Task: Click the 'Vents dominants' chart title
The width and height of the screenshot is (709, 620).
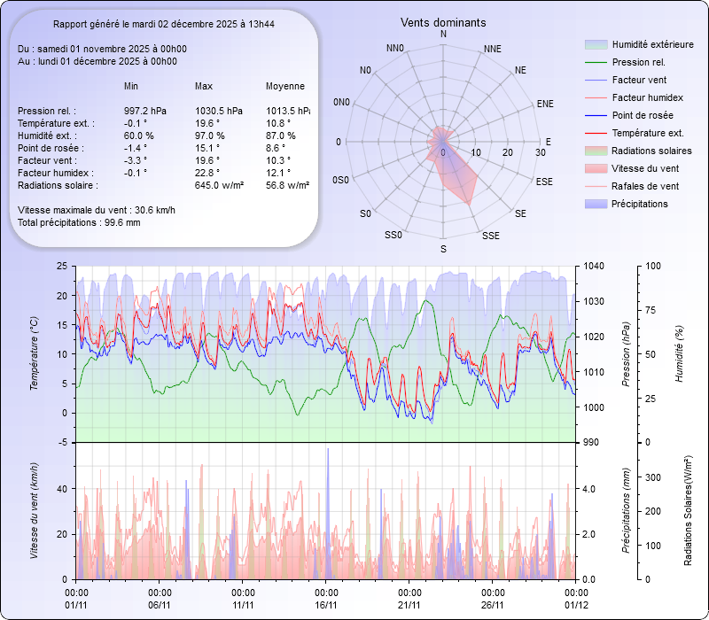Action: pos(443,22)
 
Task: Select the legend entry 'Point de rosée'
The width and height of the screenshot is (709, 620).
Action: pos(642,116)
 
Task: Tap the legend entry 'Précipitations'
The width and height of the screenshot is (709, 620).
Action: pos(639,204)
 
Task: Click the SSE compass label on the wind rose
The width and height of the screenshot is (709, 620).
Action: pos(490,236)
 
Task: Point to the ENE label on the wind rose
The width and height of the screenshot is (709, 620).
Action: pos(545,104)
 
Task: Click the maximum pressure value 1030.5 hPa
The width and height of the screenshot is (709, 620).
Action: pos(218,111)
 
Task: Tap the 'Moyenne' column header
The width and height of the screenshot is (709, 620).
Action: pos(285,86)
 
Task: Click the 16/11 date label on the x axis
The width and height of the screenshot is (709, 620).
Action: pos(326,605)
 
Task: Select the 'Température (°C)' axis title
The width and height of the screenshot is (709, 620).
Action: pos(35,354)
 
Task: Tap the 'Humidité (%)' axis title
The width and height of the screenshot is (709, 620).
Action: pos(680,354)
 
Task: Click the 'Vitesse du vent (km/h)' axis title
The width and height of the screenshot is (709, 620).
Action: pos(35,511)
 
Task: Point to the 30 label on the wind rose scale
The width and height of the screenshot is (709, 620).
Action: pos(540,152)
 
